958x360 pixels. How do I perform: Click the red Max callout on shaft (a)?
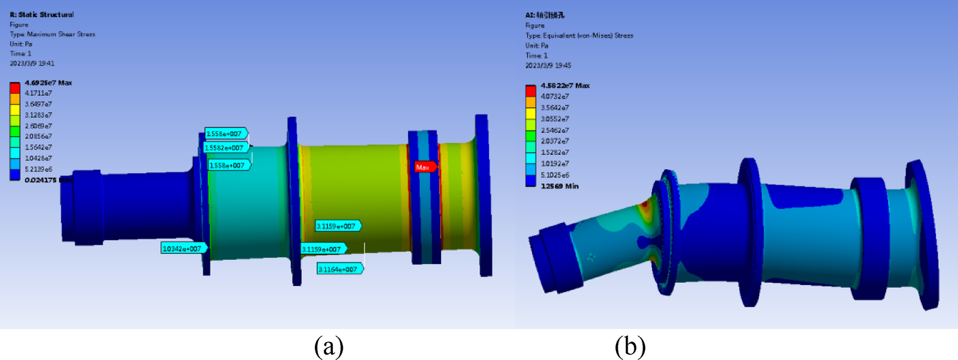(426, 167)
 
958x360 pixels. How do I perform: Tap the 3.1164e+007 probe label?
(340, 269)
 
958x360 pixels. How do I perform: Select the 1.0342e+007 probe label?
(184, 248)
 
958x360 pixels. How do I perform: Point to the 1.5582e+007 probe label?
(227, 148)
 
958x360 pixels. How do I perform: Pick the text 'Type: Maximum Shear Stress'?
(53, 34)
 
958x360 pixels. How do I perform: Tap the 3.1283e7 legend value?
(38, 115)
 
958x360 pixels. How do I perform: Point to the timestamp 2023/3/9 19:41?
(32, 63)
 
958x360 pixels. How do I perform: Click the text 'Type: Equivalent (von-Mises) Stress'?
(579, 36)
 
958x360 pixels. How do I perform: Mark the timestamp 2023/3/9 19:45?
(547, 65)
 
